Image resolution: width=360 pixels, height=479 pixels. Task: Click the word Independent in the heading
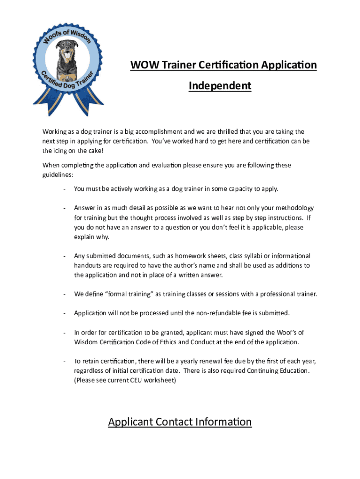click(220, 86)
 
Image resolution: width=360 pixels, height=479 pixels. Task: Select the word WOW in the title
click(144, 65)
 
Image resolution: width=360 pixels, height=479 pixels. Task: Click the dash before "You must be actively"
click(63, 189)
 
